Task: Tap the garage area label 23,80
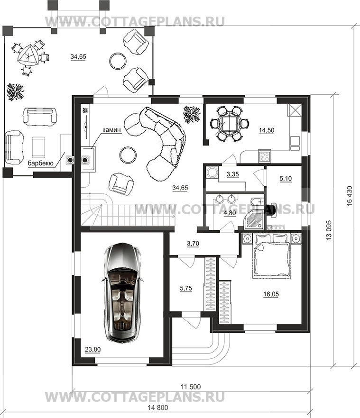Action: click(x=92, y=349)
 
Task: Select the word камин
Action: click(x=111, y=130)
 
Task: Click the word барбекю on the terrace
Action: click(x=41, y=163)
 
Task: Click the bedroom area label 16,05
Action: click(x=271, y=294)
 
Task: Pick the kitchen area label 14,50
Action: click(x=267, y=130)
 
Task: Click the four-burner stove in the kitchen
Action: click(x=265, y=156)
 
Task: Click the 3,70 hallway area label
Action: click(x=193, y=244)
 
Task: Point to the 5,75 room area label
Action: click(x=186, y=288)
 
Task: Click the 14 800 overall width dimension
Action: click(x=158, y=408)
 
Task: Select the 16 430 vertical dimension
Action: click(x=350, y=195)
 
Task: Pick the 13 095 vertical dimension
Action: click(x=329, y=230)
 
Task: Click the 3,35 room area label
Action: click(x=232, y=174)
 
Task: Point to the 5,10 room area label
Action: click(x=286, y=179)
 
